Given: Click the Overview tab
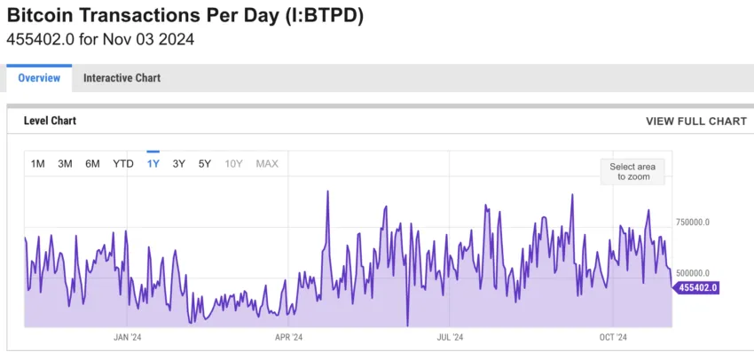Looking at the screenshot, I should point(39,78).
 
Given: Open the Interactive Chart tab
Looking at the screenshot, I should point(122,78).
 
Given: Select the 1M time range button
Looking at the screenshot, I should point(38,163).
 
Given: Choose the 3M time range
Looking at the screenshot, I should point(65,163).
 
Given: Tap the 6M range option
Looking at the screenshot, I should point(92,163).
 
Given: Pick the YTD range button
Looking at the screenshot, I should point(123,163).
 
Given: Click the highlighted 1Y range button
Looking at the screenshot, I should point(153,163).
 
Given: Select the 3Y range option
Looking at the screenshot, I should point(179,163).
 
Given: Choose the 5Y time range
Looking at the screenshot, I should point(205,163).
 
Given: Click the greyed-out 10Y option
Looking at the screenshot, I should point(233,163).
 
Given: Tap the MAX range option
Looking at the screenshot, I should point(267,163).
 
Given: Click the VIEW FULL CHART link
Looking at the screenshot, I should point(696,121).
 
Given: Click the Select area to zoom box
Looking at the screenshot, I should point(633,171).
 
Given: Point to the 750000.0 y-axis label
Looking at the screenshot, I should point(693,222).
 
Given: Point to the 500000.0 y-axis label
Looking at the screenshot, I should point(693,273).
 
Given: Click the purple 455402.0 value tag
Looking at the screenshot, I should point(697,287).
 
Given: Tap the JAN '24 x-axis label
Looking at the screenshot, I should point(128,337).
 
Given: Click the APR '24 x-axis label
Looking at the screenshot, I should point(288,337).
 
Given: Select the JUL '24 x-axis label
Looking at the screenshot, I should point(450,337).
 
